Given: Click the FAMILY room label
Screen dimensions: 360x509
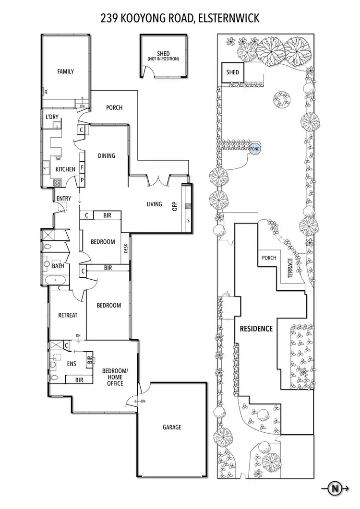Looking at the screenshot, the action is (x=66, y=72).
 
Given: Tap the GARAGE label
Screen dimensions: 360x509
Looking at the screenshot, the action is (x=171, y=427).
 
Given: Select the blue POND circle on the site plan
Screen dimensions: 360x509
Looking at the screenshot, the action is (x=254, y=149).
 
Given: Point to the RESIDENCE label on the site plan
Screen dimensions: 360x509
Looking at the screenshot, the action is (x=256, y=329).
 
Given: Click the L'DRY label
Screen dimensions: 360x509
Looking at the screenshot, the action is (x=52, y=117).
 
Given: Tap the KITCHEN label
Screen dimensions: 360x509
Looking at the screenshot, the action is (x=65, y=169).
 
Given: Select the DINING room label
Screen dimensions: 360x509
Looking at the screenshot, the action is (x=107, y=155).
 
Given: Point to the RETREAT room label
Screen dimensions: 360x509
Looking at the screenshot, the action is (x=68, y=315).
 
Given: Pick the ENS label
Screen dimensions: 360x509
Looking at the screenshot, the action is (x=71, y=363).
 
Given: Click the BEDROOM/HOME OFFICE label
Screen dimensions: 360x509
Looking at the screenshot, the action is (x=115, y=377).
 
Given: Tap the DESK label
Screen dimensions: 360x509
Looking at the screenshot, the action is (x=126, y=248).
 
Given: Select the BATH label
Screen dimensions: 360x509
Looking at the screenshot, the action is (x=58, y=266).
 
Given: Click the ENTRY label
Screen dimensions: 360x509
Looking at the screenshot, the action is (x=64, y=199).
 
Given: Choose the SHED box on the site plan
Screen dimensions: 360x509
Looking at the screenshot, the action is (x=233, y=72).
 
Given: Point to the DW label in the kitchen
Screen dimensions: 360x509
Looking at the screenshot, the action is (x=58, y=159).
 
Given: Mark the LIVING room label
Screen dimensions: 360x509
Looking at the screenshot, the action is (x=154, y=204).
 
